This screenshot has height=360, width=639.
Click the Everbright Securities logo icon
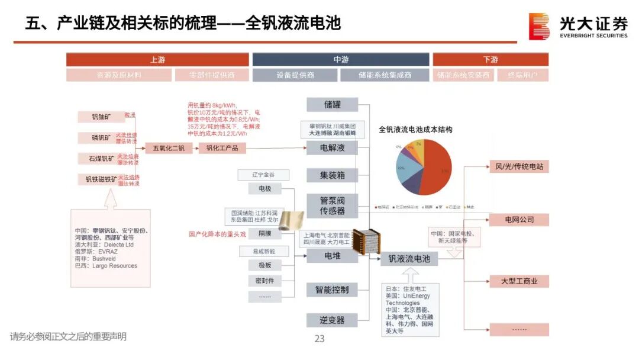(x=538, y=26)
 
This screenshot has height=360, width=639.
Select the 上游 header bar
(x=157, y=59)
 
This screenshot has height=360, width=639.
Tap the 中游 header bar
(x=341, y=59)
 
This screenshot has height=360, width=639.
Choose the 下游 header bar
(x=490, y=59)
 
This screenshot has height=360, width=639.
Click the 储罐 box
(x=332, y=105)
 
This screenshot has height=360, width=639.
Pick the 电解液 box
(x=332, y=147)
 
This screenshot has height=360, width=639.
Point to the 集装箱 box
(x=332, y=175)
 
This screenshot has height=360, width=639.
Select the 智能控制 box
(x=332, y=290)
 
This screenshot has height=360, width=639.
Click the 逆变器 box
(x=332, y=320)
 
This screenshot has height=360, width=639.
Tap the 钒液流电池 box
(x=409, y=259)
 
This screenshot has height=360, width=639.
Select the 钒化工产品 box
(x=222, y=148)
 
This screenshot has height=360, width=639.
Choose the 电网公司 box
(x=519, y=220)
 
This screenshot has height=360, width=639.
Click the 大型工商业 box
(x=519, y=281)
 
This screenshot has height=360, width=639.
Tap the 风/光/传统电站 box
(x=519, y=167)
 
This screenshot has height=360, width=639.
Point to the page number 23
(x=319, y=339)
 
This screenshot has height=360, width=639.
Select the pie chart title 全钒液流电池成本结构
(x=415, y=129)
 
